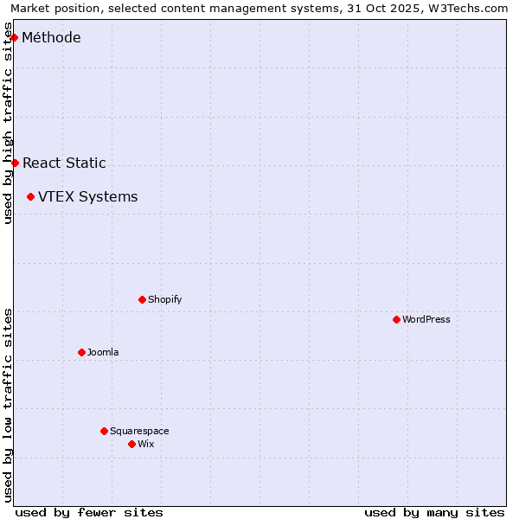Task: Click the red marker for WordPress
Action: pos(396,319)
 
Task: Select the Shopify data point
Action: pos(142,299)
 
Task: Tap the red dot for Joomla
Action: pos(81,352)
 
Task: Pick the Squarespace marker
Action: pos(104,431)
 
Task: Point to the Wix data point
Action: pos(131,444)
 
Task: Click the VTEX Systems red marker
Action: pos(30,196)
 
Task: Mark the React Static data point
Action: pos(15,163)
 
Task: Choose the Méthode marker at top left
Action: pos(14,37)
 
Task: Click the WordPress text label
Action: pos(426,319)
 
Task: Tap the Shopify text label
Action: pos(164,299)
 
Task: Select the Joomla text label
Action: pos(103,352)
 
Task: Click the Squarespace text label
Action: pos(139,431)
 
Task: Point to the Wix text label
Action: pos(145,444)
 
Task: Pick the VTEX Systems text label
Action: pos(87,196)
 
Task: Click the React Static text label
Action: pos(64,163)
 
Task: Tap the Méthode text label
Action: pos(51,37)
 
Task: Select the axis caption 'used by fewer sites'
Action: pos(89,512)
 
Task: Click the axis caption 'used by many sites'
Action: pos(434,512)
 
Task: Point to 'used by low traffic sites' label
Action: pos(8,405)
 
